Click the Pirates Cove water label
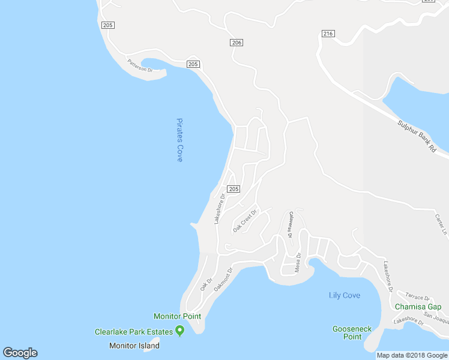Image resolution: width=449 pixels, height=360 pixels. tap(179, 139)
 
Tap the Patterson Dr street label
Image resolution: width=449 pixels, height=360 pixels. tap(140, 65)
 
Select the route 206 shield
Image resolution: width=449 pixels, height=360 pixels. tap(237, 43)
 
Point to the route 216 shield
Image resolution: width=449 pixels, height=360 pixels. tap(327, 34)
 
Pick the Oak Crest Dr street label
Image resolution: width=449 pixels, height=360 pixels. tap(245, 221)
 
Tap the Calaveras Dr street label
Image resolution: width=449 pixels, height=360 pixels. tap(289, 225)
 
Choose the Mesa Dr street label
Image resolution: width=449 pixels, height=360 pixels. tap(298, 262)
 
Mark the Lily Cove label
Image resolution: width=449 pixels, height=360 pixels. tap(345, 295)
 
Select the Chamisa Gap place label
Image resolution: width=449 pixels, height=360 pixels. tap(418, 307)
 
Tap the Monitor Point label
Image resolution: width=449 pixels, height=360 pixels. tap(177, 316)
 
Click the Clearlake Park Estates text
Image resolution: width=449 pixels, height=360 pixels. tap(133, 331)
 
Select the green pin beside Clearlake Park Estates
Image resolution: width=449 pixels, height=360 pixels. tap(179, 331)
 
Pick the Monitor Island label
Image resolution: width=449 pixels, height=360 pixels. tap(134, 346)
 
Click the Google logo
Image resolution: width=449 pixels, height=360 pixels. tap(20, 353)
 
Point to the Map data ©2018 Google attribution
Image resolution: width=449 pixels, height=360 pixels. tap(412, 355)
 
